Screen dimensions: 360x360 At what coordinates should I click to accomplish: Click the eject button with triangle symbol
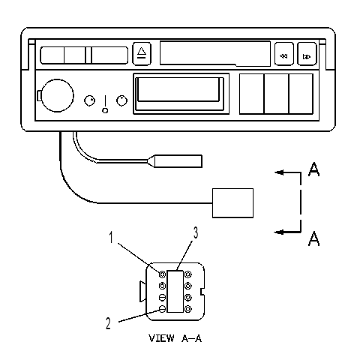pyautogui.click(x=142, y=54)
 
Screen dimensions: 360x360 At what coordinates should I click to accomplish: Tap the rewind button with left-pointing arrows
pyautogui.click(x=284, y=54)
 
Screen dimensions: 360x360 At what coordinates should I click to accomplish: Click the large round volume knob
pyautogui.click(x=57, y=96)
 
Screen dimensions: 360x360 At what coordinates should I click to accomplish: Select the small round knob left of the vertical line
pyautogui.click(x=89, y=100)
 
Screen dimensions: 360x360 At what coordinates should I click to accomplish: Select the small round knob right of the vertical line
pyautogui.click(x=121, y=100)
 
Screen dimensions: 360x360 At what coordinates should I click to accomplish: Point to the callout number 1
pyautogui.click(x=111, y=237)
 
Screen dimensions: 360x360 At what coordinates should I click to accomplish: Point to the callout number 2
pyautogui.click(x=108, y=323)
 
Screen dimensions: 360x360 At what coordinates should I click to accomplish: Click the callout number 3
pyautogui.click(x=196, y=232)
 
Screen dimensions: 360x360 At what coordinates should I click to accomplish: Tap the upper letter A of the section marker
pyautogui.click(x=313, y=169)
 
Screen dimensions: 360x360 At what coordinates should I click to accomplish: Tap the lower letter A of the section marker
pyautogui.click(x=313, y=238)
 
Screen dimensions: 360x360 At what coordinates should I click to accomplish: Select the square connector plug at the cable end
pyautogui.click(x=232, y=203)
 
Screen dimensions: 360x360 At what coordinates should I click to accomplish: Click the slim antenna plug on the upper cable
pyautogui.click(x=175, y=161)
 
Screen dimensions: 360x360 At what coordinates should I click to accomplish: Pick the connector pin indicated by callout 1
pyautogui.click(x=162, y=274)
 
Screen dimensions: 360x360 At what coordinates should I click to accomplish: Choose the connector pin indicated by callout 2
pyautogui.click(x=162, y=309)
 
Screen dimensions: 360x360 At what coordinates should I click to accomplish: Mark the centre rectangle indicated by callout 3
pyautogui.click(x=175, y=291)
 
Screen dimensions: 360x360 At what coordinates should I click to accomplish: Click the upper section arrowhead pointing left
pyautogui.click(x=279, y=172)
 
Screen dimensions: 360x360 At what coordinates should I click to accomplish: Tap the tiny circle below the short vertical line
pyautogui.click(x=105, y=110)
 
